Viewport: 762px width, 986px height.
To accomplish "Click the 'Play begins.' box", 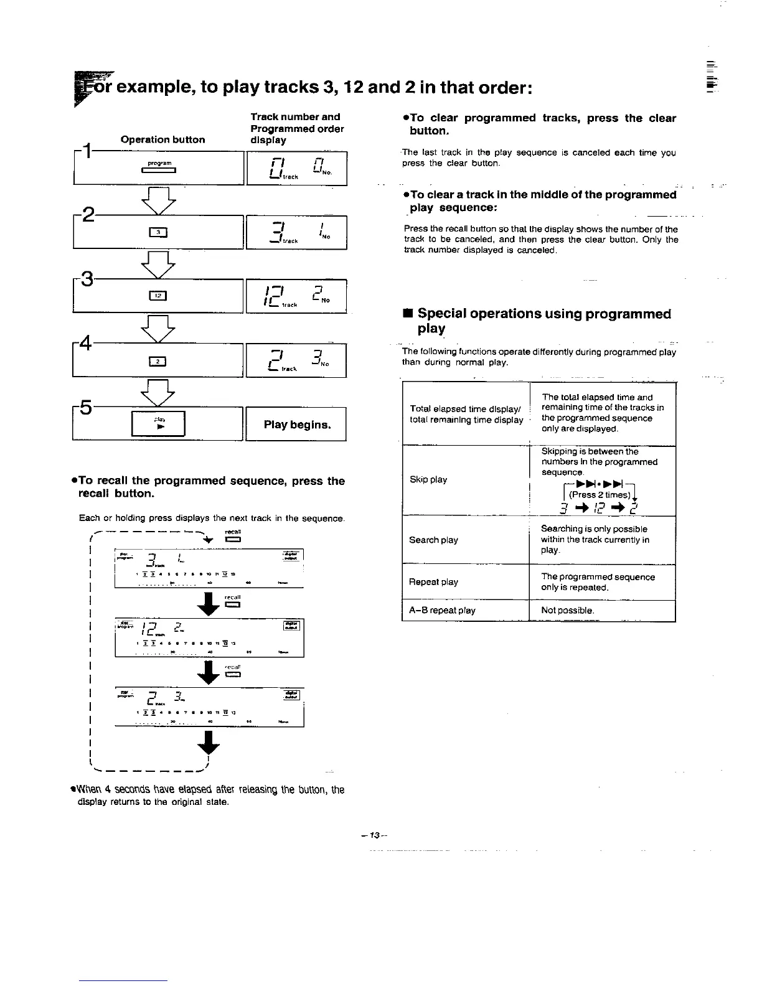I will point(296,425).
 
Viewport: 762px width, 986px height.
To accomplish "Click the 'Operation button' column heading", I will point(162,140).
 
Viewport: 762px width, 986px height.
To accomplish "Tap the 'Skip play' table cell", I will point(428,480).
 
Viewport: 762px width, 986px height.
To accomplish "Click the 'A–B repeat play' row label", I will point(442,611).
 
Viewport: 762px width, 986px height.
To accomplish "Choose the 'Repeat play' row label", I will point(433,582).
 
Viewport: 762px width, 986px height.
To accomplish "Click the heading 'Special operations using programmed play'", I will point(543,321).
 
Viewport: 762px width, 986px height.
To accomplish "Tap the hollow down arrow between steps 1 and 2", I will point(159,199).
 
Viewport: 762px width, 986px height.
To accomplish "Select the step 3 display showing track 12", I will point(296,296).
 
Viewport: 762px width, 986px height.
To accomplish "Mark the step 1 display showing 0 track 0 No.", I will point(296,169).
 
